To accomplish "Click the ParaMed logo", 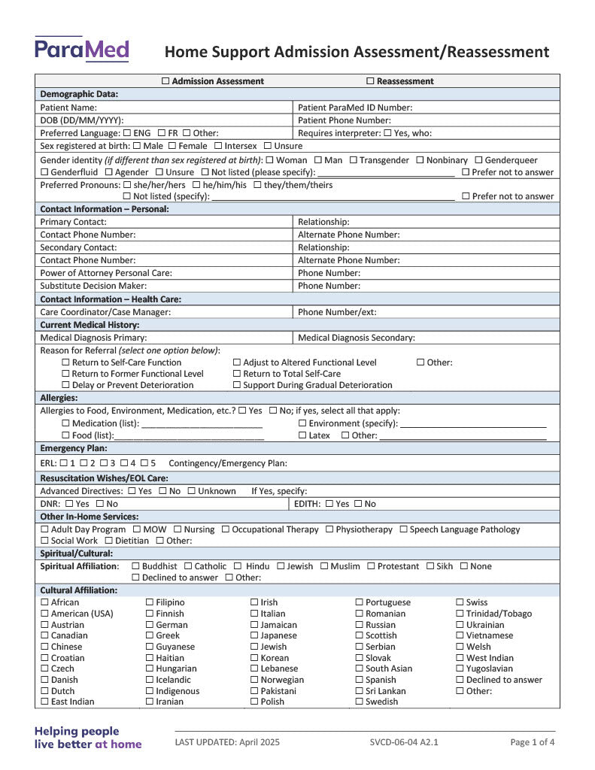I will pos(81,50).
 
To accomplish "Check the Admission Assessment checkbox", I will pos(166,81).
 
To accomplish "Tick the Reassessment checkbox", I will pos(370,81).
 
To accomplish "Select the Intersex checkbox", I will pos(218,146).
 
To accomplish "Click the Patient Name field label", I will pos(68,108).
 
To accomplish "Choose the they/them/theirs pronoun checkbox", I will pos(258,185).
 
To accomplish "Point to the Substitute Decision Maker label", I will pos(93,286).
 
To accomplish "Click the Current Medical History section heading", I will pos(90,325).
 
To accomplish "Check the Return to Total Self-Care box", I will pos(237,374).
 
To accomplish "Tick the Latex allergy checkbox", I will pos(302,435).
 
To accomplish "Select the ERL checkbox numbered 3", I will pos(103,463).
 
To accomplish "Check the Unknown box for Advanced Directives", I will pos(192,491).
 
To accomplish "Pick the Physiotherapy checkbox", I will pos(329,529).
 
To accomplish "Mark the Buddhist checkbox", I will pos(135,566).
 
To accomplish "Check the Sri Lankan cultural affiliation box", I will pos(360,691).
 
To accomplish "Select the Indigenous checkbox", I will pos(150,691).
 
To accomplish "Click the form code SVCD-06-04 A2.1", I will pos(404,742).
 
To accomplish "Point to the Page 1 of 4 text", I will pos(533,742).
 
